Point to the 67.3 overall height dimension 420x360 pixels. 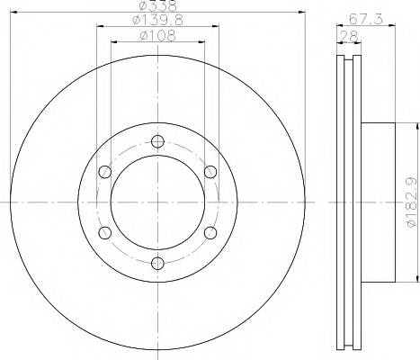pyautogui.click(x=362, y=18)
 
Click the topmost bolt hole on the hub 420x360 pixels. pyautogui.click(x=158, y=140)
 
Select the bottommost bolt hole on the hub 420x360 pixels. pyautogui.click(x=158, y=263)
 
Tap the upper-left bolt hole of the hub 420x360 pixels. pyautogui.click(x=105, y=171)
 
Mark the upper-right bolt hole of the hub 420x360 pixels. pyautogui.click(x=210, y=171)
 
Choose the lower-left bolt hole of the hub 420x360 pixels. pyautogui.click(x=105, y=232)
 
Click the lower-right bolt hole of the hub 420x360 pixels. pyautogui.click(x=210, y=232)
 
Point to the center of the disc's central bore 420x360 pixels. pyautogui.click(x=158, y=202)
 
